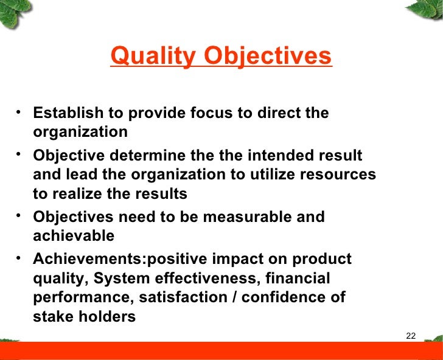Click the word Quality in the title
pyautogui.click(x=153, y=57)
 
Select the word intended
pyautogui.click(x=283, y=155)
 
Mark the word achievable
pyautogui.click(x=74, y=235)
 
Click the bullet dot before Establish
pyautogui.click(x=21, y=111)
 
